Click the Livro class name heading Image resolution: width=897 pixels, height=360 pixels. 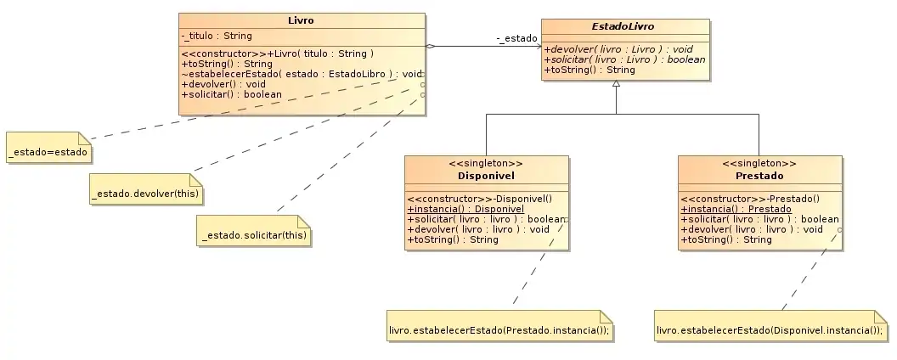(302, 20)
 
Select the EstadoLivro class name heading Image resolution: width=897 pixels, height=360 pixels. (627, 25)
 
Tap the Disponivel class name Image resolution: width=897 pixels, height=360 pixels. (485, 177)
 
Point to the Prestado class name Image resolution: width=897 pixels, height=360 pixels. (759, 177)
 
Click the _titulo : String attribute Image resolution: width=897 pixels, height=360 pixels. (217, 36)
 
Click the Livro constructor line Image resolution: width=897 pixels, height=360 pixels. (278, 54)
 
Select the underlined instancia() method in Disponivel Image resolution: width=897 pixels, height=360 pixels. (465, 209)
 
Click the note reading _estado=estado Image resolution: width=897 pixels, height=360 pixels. (49, 153)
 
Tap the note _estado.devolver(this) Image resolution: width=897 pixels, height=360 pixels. (145, 194)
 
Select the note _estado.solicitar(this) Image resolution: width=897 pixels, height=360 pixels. (254, 234)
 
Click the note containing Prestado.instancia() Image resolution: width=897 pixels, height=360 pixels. (499, 329)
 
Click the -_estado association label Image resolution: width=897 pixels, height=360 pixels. (517, 38)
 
